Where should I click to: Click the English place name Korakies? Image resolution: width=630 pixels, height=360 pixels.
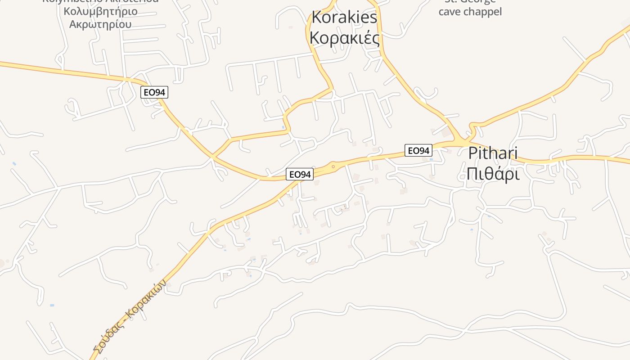(344, 18)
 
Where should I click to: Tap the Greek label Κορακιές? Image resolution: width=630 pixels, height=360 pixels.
(344, 38)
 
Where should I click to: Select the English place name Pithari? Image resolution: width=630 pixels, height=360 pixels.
(493, 153)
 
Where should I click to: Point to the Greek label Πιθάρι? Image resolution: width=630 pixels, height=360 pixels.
(493, 173)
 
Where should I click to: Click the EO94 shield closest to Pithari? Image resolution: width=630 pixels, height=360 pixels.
(418, 150)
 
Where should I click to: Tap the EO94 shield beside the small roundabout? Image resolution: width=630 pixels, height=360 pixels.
(300, 174)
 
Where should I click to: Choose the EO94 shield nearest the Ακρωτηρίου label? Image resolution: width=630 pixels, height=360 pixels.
(154, 92)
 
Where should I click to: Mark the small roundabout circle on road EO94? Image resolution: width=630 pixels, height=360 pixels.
(333, 167)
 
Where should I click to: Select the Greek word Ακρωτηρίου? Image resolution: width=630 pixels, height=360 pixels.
(101, 23)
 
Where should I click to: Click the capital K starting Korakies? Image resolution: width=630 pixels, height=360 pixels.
(316, 18)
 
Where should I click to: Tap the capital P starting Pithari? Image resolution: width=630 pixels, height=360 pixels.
(472, 153)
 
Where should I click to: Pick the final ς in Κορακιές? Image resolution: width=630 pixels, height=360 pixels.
(376, 40)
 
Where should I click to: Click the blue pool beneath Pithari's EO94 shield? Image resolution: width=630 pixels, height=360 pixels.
(431, 159)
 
